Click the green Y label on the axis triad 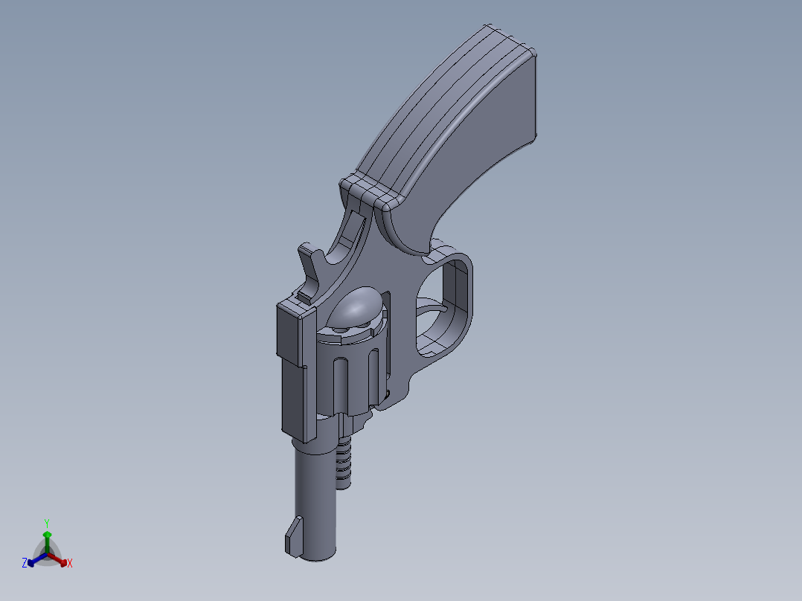(46, 522)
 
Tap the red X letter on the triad (69, 564)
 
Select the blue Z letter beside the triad (25, 564)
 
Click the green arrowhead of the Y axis (46, 535)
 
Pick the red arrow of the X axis (60, 560)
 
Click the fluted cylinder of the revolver (350, 372)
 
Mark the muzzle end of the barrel (316, 554)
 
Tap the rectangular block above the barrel (293, 372)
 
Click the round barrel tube (316, 498)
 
